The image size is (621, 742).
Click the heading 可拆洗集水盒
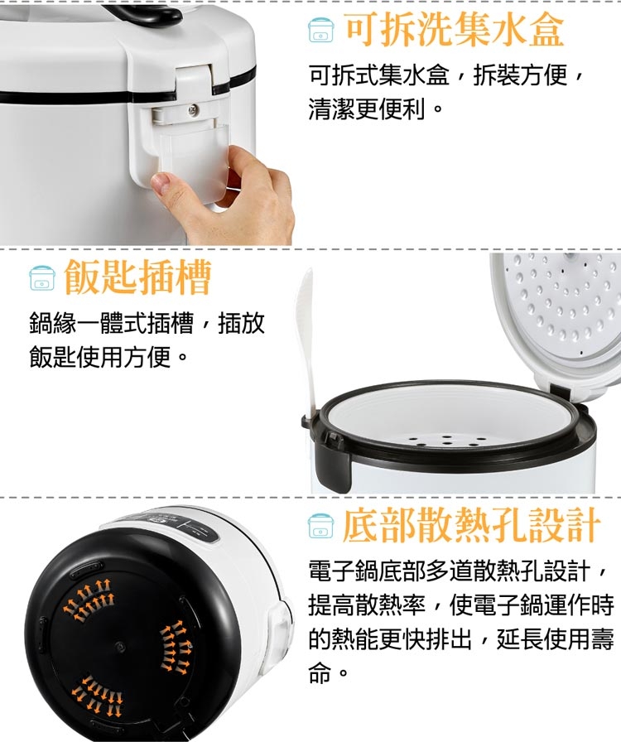click(x=454, y=30)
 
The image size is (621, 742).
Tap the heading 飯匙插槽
click(x=137, y=277)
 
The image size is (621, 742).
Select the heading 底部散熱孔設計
click(x=471, y=525)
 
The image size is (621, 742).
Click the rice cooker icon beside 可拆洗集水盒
click(x=320, y=31)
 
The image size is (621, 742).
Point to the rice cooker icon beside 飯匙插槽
click(x=42, y=278)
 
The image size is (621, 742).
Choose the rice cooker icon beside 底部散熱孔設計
click(x=320, y=526)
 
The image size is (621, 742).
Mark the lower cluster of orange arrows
click(x=98, y=696)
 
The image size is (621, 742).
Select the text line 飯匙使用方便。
click(x=108, y=356)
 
